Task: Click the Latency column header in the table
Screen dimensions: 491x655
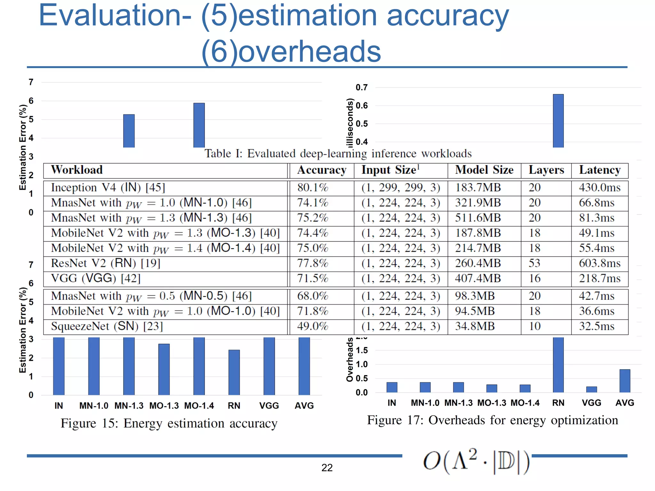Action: pyautogui.click(x=600, y=170)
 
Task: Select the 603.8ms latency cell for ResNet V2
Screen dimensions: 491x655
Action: pyautogui.click(x=600, y=263)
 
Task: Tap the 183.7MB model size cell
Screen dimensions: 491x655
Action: pyautogui.click(x=478, y=188)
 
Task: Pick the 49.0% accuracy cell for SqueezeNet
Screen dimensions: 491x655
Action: pyautogui.click(x=312, y=326)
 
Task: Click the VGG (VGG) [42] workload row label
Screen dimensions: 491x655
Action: pyautogui.click(x=96, y=278)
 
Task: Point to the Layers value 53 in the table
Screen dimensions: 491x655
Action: pyautogui.click(x=534, y=263)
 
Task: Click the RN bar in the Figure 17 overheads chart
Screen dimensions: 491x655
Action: pyautogui.click(x=558, y=364)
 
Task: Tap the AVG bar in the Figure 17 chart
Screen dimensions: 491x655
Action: pyautogui.click(x=625, y=381)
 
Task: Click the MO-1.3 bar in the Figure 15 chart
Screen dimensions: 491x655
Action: pyautogui.click(x=164, y=369)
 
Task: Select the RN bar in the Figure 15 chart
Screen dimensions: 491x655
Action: pyautogui.click(x=234, y=372)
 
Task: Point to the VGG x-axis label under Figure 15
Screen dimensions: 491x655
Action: pyautogui.click(x=269, y=406)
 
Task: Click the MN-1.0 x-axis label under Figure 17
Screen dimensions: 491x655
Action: pyautogui.click(x=425, y=403)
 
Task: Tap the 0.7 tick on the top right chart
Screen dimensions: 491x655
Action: pyautogui.click(x=362, y=87)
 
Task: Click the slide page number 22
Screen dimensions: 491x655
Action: pyautogui.click(x=327, y=468)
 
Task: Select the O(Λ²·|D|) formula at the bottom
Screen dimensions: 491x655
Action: pyautogui.click(x=477, y=461)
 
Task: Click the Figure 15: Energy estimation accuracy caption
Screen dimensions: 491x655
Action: pyautogui.click(x=169, y=423)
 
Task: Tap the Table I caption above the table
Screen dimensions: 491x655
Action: pyautogui.click(x=338, y=154)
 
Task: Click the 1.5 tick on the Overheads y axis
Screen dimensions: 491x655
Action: pyautogui.click(x=362, y=350)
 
